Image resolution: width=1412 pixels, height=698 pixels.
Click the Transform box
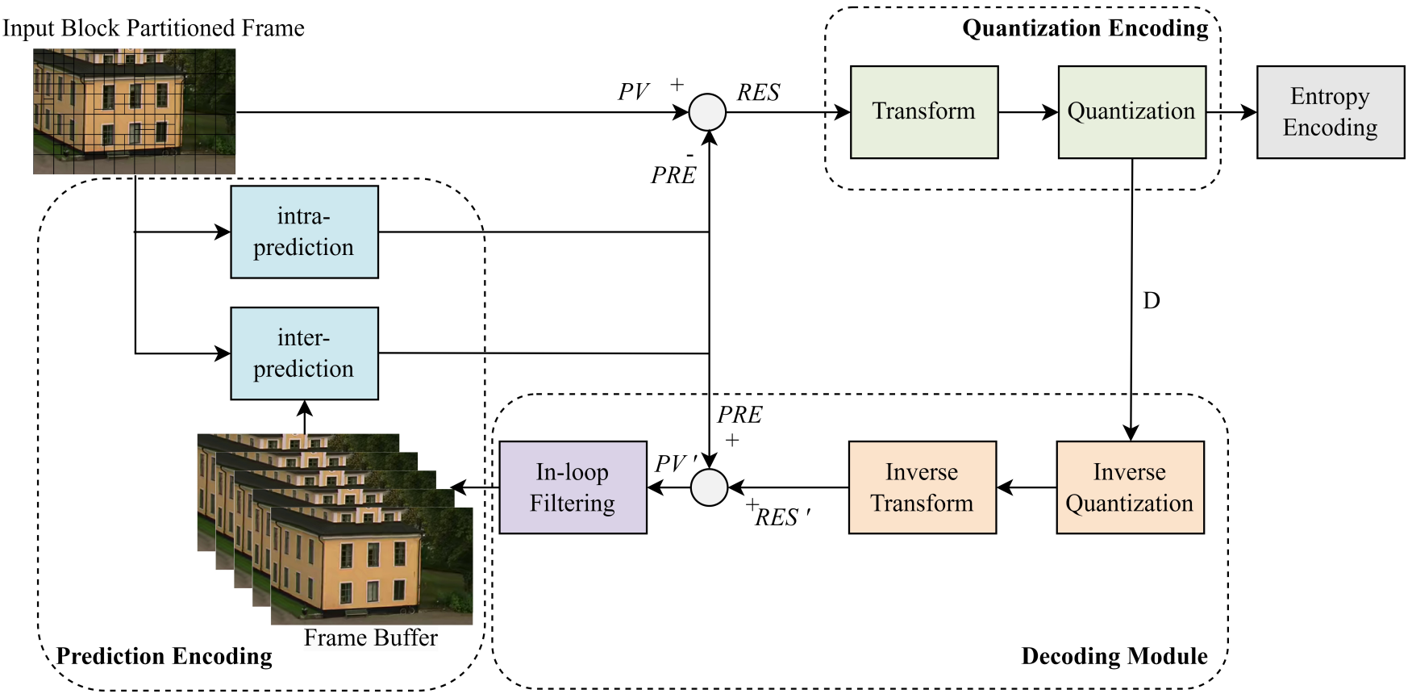click(x=924, y=112)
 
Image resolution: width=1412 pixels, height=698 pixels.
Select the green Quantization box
click(x=1131, y=112)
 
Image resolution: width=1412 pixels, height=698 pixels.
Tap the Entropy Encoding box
click(x=1330, y=112)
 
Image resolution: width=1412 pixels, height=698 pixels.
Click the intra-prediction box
click(x=304, y=232)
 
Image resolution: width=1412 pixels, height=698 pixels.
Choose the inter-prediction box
click(x=304, y=353)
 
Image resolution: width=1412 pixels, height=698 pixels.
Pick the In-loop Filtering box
click(x=573, y=487)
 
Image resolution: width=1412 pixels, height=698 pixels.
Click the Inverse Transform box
click(x=922, y=487)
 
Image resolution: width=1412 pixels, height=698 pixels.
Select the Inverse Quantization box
click(x=1130, y=487)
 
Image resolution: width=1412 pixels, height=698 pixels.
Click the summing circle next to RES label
click(x=707, y=112)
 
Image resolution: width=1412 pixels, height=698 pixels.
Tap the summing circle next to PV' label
click(x=710, y=487)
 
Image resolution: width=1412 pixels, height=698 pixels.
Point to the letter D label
click(x=1152, y=301)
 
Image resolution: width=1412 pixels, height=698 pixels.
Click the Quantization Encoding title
click(x=1085, y=29)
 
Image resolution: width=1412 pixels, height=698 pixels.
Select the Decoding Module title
click(x=1114, y=656)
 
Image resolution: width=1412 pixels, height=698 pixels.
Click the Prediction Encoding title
click(x=165, y=656)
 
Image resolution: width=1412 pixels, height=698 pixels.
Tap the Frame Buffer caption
click(x=370, y=638)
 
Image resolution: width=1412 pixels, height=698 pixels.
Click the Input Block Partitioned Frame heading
click(x=153, y=28)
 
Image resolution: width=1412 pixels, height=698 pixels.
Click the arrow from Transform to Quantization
click(x=1028, y=112)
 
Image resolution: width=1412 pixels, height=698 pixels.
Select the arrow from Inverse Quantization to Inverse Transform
click(x=1027, y=487)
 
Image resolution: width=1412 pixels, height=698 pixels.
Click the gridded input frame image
click(x=134, y=111)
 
